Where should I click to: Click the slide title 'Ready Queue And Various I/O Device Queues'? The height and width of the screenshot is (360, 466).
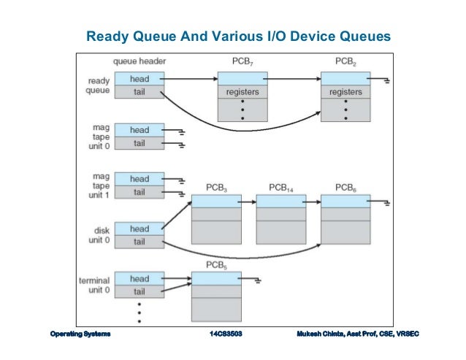pyautogui.click(x=239, y=36)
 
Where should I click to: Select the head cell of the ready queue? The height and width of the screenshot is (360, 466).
pyautogui.click(x=139, y=78)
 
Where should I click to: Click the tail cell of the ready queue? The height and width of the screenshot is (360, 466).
pyautogui.click(x=139, y=91)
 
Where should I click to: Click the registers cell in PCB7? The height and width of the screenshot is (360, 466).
pyautogui.click(x=242, y=93)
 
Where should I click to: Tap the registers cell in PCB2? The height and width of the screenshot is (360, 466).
pyautogui.click(x=345, y=93)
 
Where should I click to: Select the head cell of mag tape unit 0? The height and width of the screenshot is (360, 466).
pyautogui.click(x=139, y=130)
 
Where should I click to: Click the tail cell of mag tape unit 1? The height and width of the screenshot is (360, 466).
pyautogui.click(x=139, y=192)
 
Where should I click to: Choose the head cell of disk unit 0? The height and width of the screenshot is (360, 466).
pyautogui.click(x=139, y=228)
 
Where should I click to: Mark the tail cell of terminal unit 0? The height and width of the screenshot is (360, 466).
pyautogui.click(x=139, y=291)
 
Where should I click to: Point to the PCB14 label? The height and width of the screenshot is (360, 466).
pyautogui.click(x=280, y=188)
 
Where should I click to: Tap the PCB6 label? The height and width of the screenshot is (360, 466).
pyautogui.click(x=345, y=188)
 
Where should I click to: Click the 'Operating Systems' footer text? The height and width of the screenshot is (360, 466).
pyautogui.click(x=80, y=334)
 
